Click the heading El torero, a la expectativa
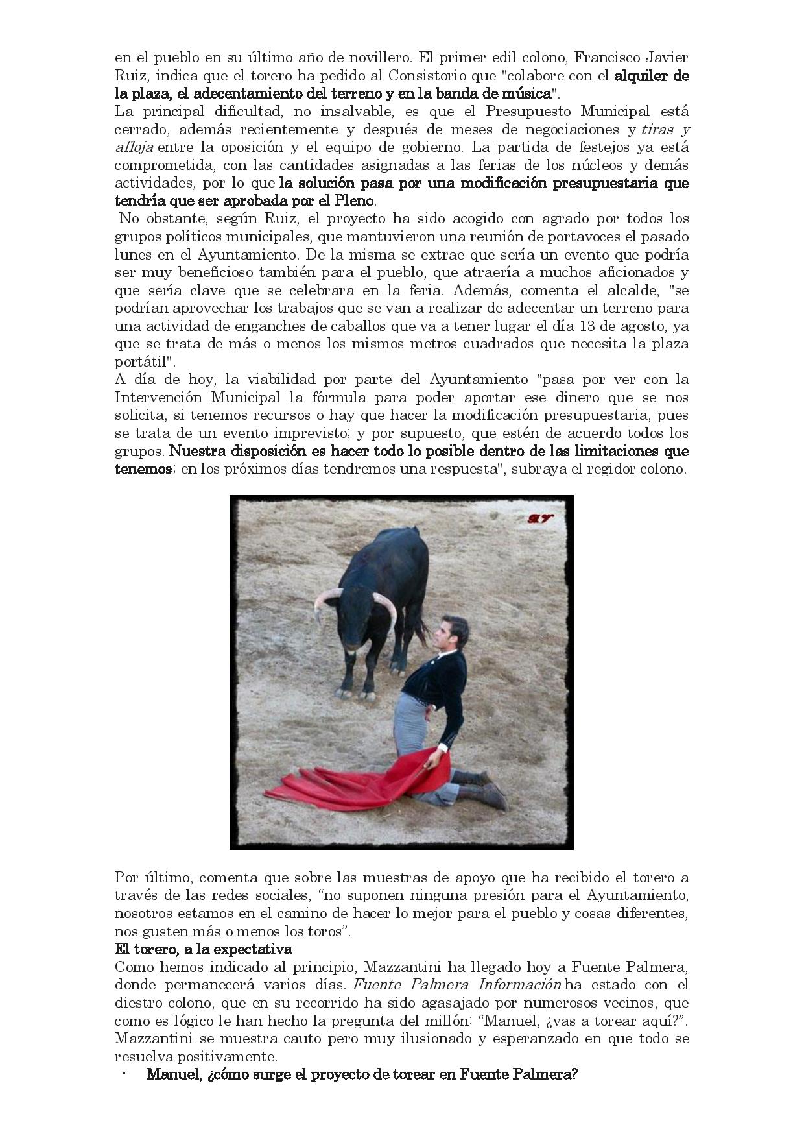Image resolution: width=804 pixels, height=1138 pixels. [x=203, y=949]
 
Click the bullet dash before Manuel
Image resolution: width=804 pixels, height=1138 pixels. [x=123, y=1074]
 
